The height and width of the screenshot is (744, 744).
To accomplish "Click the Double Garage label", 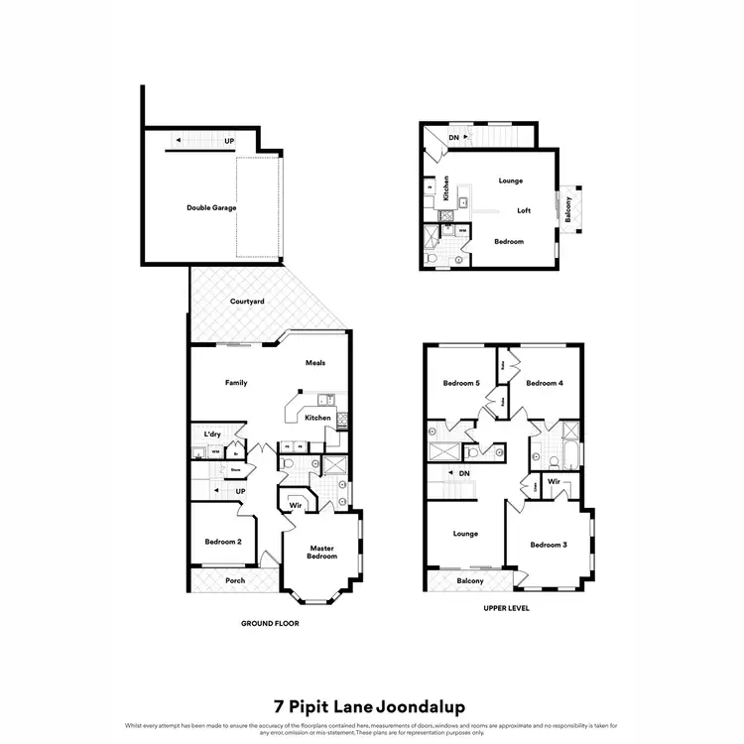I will [211, 208].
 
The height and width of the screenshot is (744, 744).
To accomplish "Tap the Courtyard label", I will [247, 301].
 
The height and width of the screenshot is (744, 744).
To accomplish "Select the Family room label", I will [236, 383].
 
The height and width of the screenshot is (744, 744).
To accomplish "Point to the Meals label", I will [315, 363].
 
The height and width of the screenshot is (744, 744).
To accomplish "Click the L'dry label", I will [211, 434].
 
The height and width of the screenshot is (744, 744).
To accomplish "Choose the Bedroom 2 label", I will [221, 542].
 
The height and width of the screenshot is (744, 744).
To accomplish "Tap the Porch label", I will [235, 580].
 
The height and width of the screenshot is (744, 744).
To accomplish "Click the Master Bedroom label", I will [322, 552].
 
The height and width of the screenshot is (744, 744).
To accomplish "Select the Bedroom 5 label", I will [461, 383].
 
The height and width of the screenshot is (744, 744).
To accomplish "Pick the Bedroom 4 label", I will [545, 383].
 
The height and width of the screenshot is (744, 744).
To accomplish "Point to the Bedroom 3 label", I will [548, 545].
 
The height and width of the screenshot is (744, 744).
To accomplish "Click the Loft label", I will [525, 210].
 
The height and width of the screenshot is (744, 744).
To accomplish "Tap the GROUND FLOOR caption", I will [270, 624].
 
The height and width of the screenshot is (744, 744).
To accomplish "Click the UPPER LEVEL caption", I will [504, 607].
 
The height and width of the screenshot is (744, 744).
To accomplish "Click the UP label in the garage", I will [229, 142].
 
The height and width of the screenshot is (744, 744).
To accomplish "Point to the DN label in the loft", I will [453, 137].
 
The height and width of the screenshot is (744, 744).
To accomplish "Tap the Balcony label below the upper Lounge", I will [470, 580].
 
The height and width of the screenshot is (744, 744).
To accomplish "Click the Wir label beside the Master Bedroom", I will [295, 506].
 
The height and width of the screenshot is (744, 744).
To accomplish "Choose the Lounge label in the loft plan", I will [511, 181].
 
